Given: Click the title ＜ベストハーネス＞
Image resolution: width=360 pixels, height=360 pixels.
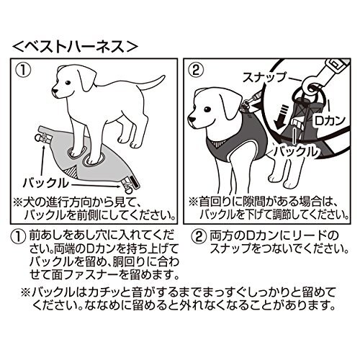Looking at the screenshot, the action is click(75, 47).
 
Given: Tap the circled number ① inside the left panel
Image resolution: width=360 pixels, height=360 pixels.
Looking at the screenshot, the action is click(23, 70).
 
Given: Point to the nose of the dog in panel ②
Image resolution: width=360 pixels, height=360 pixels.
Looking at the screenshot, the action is click(192, 119).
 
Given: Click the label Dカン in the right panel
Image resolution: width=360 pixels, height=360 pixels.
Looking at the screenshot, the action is click(330, 120).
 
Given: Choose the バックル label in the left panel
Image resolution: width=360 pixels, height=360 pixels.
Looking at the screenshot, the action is click(45, 183).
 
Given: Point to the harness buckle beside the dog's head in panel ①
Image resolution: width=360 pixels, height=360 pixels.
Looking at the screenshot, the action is click(42, 138).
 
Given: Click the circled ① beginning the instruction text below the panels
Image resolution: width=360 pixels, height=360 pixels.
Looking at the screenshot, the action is click(18, 237).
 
